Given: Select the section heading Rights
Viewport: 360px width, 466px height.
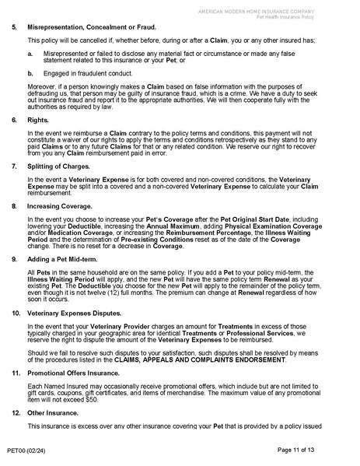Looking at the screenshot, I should [37, 121].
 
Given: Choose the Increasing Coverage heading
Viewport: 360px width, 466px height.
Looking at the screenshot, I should [56, 205].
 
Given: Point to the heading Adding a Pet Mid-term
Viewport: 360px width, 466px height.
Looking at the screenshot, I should [60, 258].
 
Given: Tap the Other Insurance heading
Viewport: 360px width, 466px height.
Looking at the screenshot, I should [53, 413].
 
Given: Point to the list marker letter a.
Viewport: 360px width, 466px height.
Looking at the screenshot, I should [30, 53].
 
